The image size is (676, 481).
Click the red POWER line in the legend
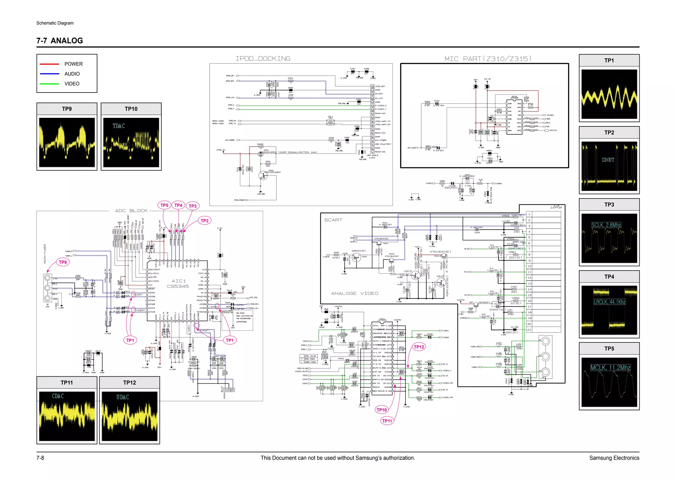[49, 64]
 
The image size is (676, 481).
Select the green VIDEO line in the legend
[49, 84]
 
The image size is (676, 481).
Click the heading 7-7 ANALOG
[60, 41]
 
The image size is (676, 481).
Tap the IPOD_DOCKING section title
[263, 59]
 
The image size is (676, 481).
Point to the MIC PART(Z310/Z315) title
[488, 59]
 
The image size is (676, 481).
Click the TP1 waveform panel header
[609, 60]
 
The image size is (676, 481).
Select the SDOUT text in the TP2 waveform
[608, 160]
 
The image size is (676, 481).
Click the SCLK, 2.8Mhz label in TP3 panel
[606, 225]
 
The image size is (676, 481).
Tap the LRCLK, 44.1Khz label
[609, 302]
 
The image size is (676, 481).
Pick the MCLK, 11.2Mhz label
[610, 368]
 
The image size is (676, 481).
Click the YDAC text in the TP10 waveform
[118, 126]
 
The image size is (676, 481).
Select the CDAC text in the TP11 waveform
[58, 396]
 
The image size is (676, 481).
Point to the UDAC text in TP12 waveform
[122, 397]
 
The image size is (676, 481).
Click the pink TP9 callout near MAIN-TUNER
[63, 262]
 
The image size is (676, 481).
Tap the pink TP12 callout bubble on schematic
[419, 347]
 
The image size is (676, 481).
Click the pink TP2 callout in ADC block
[205, 221]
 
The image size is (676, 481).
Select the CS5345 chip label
[178, 287]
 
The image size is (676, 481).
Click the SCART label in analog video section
[333, 220]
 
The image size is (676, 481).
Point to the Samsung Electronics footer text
[614, 458]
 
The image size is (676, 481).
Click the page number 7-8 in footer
[40, 458]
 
